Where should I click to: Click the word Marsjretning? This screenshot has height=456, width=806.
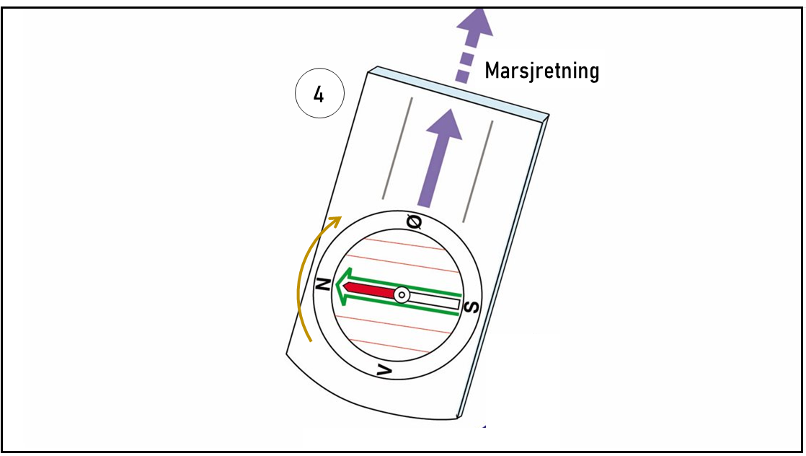[x=541, y=71]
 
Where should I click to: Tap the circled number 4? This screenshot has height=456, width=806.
[x=319, y=95]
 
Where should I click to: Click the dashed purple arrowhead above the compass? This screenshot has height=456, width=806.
[x=474, y=22]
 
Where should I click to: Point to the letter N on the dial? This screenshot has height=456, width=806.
[x=324, y=284]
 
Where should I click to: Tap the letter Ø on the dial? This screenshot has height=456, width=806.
[x=415, y=223]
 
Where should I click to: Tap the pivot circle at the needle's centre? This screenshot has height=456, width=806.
[x=402, y=295]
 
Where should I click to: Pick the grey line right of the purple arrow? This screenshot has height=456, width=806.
[x=479, y=171]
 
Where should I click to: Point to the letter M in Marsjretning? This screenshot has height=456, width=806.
[x=493, y=71]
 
